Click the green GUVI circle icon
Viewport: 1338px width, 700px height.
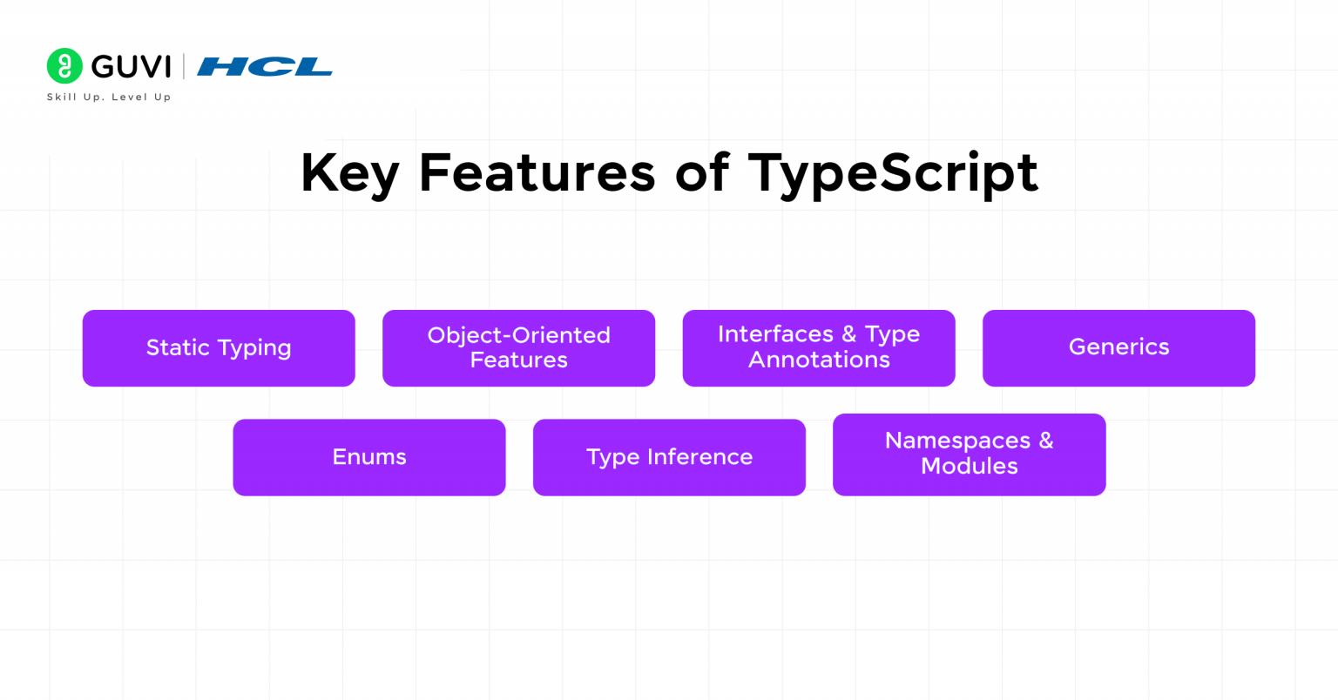pos(64,66)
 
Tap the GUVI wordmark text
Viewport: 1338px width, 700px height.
pos(131,67)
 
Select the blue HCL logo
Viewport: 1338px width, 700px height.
pos(265,67)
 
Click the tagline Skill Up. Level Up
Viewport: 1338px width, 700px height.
pos(109,98)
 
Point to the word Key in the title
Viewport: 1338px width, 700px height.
pos(349,173)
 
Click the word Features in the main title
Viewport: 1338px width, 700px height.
pos(537,172)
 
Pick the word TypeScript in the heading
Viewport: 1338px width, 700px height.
pos(893,173)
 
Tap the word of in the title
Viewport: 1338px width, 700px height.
pos(702,172)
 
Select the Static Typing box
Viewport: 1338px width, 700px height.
pos(219,348)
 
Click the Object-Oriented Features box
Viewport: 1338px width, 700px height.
pos(518,348)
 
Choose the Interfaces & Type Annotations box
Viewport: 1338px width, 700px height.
pos(819,348)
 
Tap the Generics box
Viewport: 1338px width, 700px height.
pos(1118,348)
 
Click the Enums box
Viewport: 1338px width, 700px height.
pos(369,457)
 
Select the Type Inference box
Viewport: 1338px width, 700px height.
pos(669,457)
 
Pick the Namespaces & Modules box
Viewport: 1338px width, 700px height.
pos(969,454)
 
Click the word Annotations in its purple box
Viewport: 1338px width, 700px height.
pos(819,360)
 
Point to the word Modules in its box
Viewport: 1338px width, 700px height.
pos(969,467)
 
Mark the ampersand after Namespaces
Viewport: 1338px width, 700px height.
pos(1045,441)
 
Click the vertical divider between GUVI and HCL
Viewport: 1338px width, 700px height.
pos(184,67)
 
